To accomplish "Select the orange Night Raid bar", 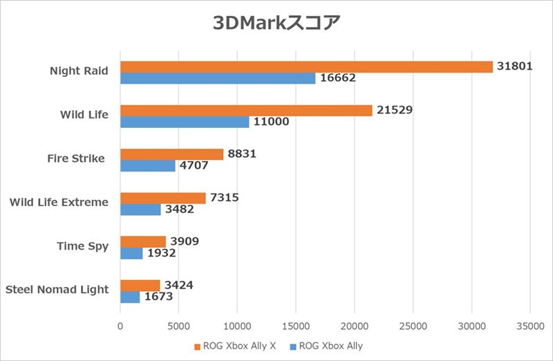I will coord(306,66).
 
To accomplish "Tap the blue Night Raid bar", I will coord(218,78).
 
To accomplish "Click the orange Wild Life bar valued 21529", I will coord(246,110).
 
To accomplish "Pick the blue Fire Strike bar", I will coord(148,166).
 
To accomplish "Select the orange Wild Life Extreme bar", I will coord(163,198).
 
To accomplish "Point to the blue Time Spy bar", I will coord(131,253).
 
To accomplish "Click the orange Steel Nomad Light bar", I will coord(140,285).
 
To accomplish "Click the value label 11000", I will coord(270,122).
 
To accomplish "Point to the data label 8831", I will coord(242,154).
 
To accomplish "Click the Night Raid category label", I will coord(79,71).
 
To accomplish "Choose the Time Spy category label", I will coord(82,246).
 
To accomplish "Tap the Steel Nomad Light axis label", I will coord(57,290).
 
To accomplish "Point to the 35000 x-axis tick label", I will coord(529,323).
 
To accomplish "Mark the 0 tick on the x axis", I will coord(120,323).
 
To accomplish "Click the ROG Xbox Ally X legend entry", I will coord(235,346).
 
